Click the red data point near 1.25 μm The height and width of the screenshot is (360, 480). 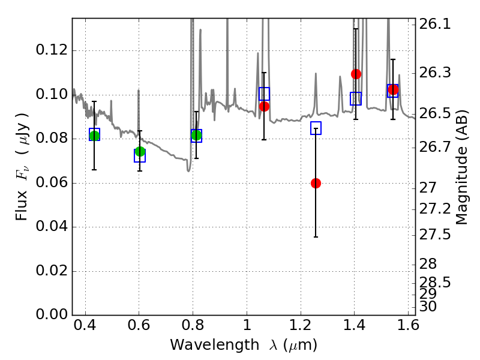(x=316, y=184)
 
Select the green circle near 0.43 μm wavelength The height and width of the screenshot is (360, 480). (x=94, y=136)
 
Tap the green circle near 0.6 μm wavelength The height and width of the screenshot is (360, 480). (x=140, y=151)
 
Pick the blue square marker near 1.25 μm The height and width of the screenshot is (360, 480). (x=316, y=128)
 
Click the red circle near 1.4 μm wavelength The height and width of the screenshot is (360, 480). (x=356, y=74)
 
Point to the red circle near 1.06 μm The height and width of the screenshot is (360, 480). (x=264, y=106)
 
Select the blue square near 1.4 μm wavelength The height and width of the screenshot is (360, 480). (x=356, y=98)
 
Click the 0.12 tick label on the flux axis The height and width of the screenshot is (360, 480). (x=52, y=50)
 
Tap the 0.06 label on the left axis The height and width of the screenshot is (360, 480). (x=52, y=182)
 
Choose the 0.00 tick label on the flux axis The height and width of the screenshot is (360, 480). (x=52, y=314)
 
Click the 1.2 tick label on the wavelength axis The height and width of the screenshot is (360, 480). (x=301, y=325)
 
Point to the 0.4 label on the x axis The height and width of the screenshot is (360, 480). (x=85, y=325)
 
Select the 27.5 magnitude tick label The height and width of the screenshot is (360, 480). (x=434, y=235)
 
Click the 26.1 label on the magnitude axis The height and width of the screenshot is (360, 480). (x=434, y=24)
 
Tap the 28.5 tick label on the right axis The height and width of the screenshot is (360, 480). (x=434, y=282)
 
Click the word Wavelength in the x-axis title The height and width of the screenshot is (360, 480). (x=215, y=345)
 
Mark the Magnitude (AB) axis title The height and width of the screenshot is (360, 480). (x=461, y=167)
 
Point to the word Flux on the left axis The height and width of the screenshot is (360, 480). (x=22, y=206)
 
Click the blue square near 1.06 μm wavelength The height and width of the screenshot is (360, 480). (x=264, y=94)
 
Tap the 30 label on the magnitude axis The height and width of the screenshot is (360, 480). (x=428, y=307)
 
